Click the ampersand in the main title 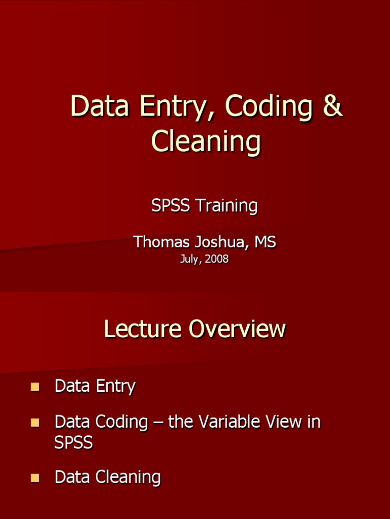(333, 106)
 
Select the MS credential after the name (265, 242)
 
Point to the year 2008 (217, 259)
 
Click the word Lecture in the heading (143, 329)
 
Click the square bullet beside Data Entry (35, 387)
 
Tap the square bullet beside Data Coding (35, 422)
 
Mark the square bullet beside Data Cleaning (35, 477)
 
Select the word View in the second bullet (283, 422)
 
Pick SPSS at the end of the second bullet (74, 442)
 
